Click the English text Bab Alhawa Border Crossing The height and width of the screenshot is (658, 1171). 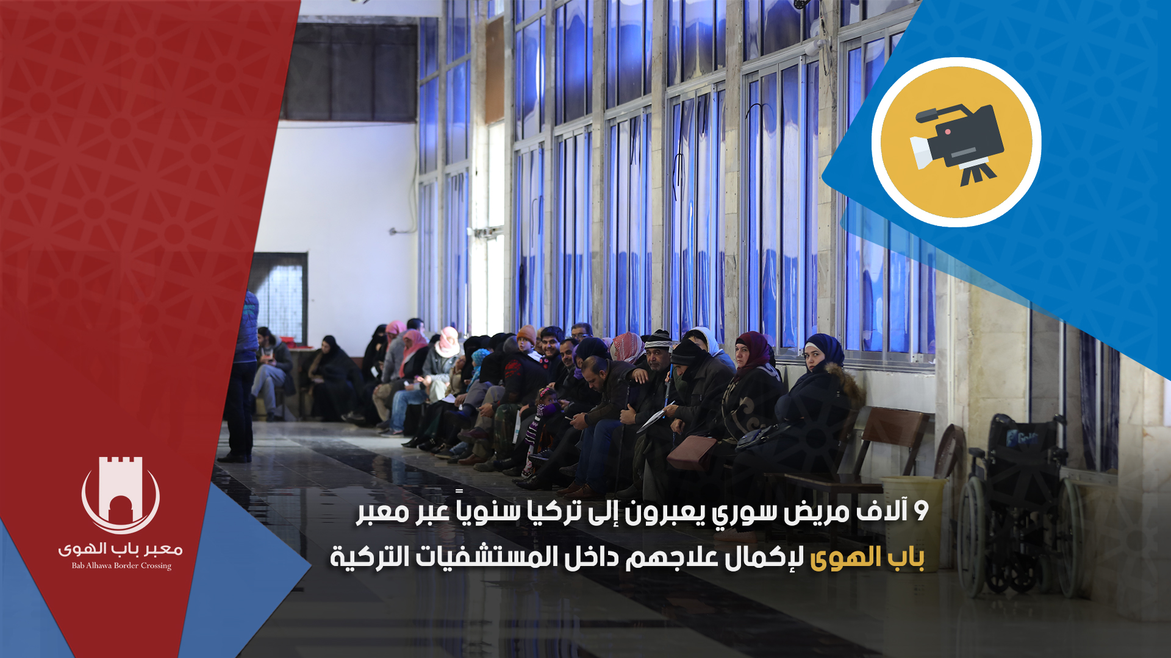pyautogui.click(x=121, y=566)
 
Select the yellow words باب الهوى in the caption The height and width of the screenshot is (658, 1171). pyautogui.click(x=867, y=557)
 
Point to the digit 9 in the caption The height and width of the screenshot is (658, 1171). pyautogui.click(x=921, y=511)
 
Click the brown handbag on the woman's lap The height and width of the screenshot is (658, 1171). pyautogui.click(x=692, y=453)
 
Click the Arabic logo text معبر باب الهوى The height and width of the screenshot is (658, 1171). pyautogui.click(x=121, y=549)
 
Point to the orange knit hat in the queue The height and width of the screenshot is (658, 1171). pyautogui.click(x=526, y=333)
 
